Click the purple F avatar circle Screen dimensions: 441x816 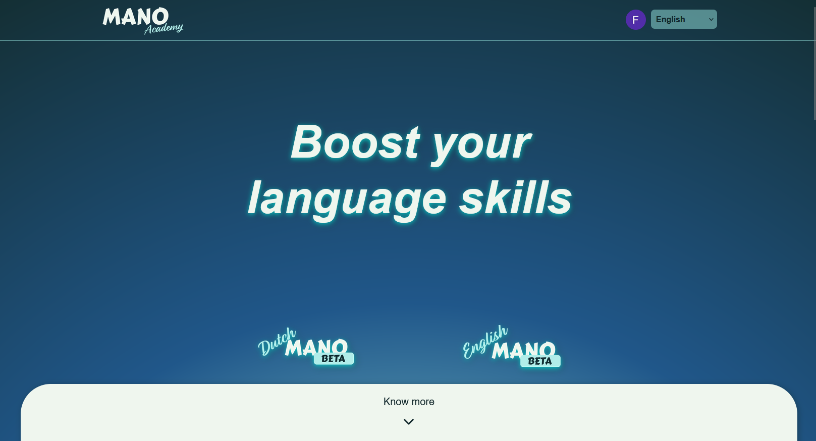pos(635,20)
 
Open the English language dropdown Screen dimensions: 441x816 pos(679,19)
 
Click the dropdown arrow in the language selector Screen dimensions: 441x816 pos(711,20)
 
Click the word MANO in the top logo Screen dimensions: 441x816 pos(135,17)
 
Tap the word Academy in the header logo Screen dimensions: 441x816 pos(164,28)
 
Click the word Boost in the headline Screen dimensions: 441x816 pos(355,142)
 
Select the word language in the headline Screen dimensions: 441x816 pos(347,199)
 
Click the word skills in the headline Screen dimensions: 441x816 pos(515,198)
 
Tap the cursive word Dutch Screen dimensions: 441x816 pos(276,342)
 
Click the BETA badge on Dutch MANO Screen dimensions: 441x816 pos(334,359)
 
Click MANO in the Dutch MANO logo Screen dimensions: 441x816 pos(316,347)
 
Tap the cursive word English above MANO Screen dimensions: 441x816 pos(485,342)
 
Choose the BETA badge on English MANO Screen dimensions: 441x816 pos(540,361)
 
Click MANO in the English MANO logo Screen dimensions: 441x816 pos(523,350)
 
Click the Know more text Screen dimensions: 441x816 pos(409,402)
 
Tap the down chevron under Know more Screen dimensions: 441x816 pos(409,421)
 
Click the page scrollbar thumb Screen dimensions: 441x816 pos(814,61)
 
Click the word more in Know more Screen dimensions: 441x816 pos(422,402)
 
